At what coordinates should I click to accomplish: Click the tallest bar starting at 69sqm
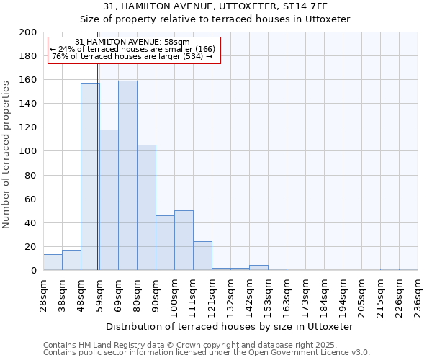coord(127,176)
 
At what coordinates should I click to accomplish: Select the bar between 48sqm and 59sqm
coord(90,176)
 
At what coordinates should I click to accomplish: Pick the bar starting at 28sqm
coord(53,262)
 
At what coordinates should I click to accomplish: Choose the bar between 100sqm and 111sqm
coord(184,240)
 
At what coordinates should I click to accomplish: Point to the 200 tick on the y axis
coord(28,32)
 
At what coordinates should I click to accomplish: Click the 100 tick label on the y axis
coord(28,151)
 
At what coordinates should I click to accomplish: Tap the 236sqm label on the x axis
coord(418,294)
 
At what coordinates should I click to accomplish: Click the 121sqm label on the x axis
coord(212,294)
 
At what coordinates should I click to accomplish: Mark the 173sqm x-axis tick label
coord(305,294)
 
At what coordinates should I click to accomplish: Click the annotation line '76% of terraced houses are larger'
coord(132,56)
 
